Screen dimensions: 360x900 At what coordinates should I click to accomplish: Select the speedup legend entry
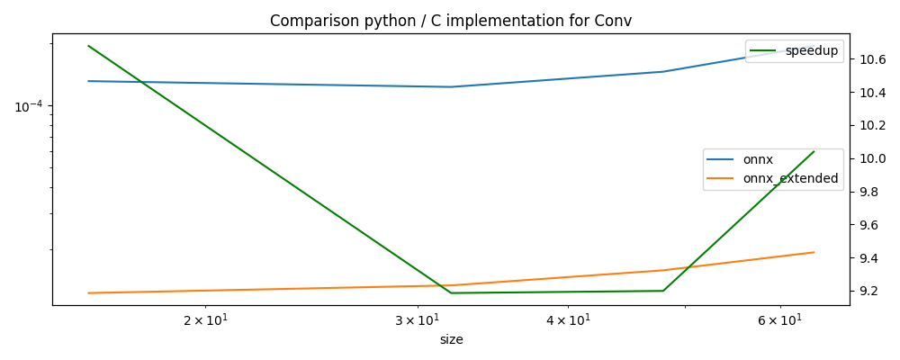pos(811,51)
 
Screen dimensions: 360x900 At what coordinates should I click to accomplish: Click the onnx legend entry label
pos(758,160)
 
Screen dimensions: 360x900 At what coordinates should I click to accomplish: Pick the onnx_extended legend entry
pos(790,179)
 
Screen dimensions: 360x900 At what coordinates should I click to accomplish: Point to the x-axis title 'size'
pos(451,340)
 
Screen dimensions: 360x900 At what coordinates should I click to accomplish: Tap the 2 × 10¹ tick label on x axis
pos(206,320)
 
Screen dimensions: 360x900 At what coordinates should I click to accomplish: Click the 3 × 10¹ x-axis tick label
pos(417,320)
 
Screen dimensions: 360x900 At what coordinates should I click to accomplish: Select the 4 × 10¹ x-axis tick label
pos(567,320)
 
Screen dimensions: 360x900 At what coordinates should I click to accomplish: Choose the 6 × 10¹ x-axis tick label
pos(778,320)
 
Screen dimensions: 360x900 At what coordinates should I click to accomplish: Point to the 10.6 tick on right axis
pos(872,60)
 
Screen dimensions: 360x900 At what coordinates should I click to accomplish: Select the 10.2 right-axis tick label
pos(872,126)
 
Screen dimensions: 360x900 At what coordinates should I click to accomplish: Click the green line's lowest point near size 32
pos(451,292)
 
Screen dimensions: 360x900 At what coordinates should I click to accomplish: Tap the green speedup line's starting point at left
pos(88,46)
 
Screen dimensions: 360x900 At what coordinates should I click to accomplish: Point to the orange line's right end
pos(814,252)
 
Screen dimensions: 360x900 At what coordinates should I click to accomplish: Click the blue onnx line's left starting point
pos(88,81)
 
